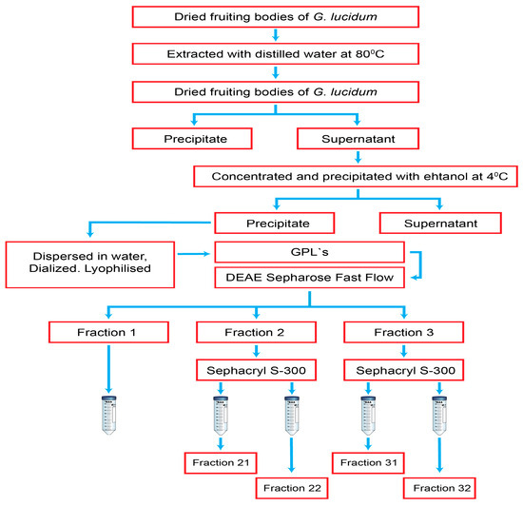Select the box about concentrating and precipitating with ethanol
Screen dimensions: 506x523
(x=347, y=176)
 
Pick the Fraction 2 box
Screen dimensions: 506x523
(x=255, y=331)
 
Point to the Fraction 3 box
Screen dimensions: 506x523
(x=404, y=331)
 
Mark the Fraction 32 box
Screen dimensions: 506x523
(x=440, y=488)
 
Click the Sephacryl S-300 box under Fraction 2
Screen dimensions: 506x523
(x=255, y=367)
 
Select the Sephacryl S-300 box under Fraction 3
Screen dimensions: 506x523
(x=404, y=367)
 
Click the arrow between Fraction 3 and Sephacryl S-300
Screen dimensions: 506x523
(x=404, y=349)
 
